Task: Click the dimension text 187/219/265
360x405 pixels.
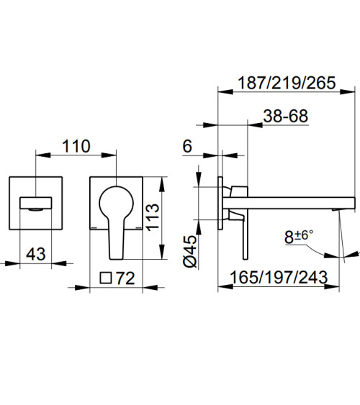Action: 287,83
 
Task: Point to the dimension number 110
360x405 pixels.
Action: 76,147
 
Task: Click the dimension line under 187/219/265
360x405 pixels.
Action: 287,93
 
